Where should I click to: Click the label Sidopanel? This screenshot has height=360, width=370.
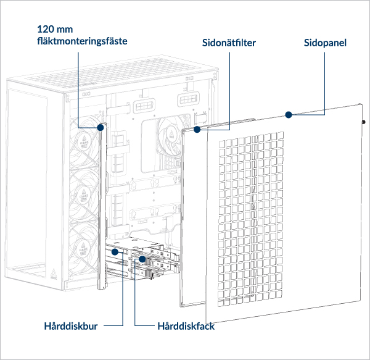click(x=325, y=43)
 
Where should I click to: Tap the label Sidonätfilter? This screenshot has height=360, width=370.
click(x=229, y=43)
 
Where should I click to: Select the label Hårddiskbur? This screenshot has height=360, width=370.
click(x=71, y=325)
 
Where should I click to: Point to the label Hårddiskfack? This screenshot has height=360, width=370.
click(x=186, y=325)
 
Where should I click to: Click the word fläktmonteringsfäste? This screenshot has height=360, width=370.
click(x=82, y=41)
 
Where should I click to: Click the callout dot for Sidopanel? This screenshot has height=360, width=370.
click(x=287, y=114)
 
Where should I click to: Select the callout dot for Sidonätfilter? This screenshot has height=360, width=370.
click(x=197, y=130)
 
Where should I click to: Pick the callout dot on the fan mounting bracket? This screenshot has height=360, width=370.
click(x=100, y=127)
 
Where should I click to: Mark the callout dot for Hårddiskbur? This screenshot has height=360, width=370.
click(x=114, y=253)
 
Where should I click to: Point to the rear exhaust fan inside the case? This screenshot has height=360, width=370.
click(x=169, y=133)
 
